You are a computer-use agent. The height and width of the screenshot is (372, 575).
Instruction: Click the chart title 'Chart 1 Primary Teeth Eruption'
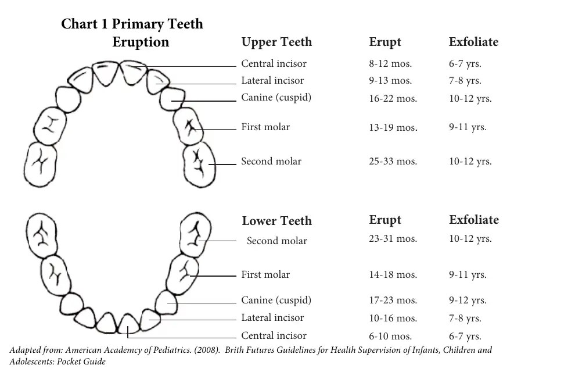132,33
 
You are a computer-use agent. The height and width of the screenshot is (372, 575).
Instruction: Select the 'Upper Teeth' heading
276,42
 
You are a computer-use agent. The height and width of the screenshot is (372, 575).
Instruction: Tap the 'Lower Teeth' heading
276,221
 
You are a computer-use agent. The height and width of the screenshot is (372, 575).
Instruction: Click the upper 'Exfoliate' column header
473,42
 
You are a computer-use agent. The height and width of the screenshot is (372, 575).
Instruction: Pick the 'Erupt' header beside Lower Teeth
385,220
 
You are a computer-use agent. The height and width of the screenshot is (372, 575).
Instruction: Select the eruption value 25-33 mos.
393,162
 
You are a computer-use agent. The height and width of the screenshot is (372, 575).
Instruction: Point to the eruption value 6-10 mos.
390,336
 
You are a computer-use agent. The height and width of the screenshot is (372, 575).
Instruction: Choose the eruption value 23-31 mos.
393,238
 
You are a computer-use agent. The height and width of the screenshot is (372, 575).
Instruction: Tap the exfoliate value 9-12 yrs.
468,301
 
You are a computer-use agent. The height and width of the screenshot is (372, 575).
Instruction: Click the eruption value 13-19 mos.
393,127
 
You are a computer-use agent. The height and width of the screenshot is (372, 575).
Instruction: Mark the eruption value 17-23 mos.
393,301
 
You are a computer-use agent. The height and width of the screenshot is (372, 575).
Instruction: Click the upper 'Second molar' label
271,162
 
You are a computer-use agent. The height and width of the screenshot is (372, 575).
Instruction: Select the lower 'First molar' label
265,274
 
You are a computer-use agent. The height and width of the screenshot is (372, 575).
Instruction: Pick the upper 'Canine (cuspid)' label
276,97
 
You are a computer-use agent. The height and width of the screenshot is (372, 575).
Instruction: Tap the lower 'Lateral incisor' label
272,317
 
